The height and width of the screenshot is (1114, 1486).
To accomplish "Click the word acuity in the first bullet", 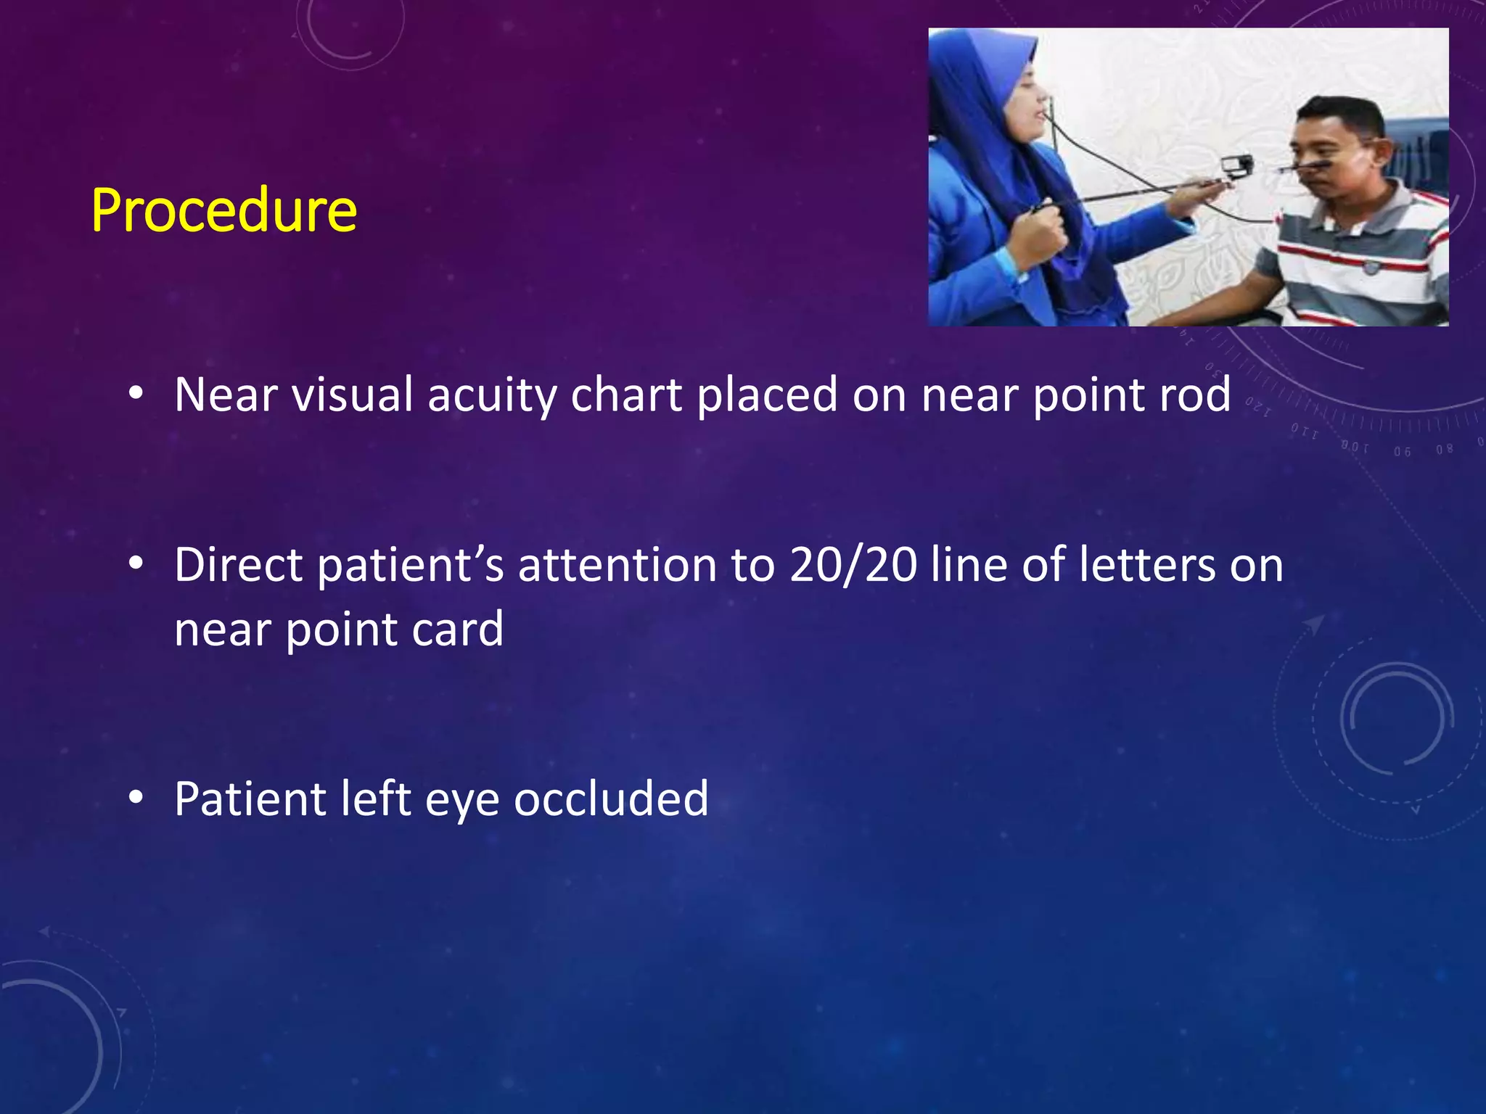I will (x=491, y=396).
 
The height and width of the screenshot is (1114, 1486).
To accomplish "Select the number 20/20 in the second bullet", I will (x=853, y=566).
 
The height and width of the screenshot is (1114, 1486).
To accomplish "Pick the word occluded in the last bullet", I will (x=611, y=799).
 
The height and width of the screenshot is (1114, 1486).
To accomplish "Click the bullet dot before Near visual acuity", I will (x=136, y=394).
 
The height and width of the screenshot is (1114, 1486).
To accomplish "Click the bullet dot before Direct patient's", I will (x=136, y=564).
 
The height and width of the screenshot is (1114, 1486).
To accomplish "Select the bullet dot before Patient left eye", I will (x=136, y=798).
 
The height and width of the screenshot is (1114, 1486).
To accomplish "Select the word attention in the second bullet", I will (x=617, y=566).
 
